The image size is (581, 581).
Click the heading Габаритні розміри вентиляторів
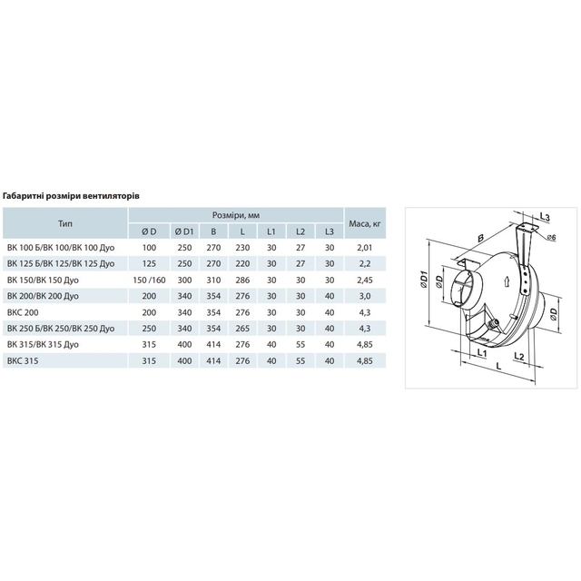[71, 196]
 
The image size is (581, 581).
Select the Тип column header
[65, 223]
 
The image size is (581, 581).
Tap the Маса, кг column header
[365, 223]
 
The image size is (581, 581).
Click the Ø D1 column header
[184, 231]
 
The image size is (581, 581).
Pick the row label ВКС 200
[23, 312]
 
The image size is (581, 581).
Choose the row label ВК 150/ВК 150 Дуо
[43, 281]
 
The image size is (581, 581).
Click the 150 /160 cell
[149, 281]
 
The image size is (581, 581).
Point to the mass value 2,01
[365, 248]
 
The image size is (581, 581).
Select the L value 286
[242, 281]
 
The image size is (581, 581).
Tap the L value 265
[242, 329]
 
